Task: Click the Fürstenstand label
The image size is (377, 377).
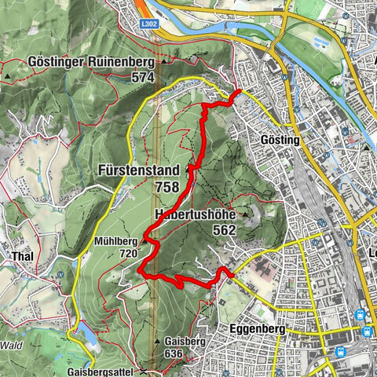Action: (x=140, y=170)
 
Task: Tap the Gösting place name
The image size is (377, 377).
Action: (x=279, y=140)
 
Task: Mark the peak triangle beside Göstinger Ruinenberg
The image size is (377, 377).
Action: (x=163, y=61)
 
